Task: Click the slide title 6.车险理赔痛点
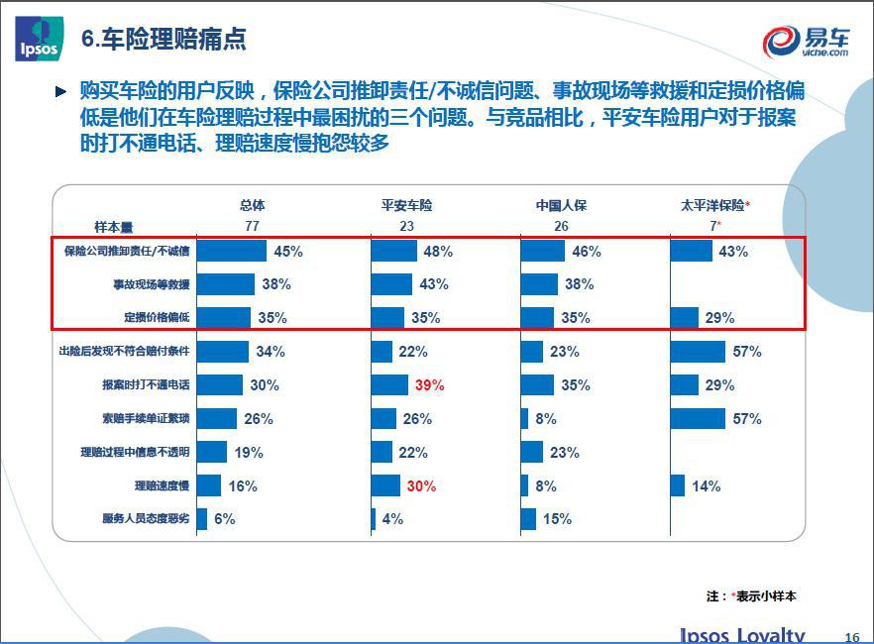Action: (x=164, y=40)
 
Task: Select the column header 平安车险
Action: (x=406, y=205)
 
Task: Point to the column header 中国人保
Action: (x=561, y=205)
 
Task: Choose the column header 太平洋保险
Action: (x=711, y=205)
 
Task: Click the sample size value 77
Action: (x=252, y=226)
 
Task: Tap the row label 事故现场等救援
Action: (x=151, y=284)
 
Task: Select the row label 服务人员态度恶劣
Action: (x=145, y=518)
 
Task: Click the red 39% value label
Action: (x=429, y=385)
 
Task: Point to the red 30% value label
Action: (x=420, y=486)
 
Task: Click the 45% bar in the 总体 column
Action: (x=231, y=252)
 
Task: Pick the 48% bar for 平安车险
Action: (x=393, y=252)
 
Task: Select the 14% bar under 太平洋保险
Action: (x=677, y=485)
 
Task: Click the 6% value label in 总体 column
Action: (x=224, y=519)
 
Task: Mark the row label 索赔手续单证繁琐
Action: (x=145, y=418)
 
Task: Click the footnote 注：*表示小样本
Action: (x=751, y=596)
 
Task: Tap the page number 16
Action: (x=851, y=637)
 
